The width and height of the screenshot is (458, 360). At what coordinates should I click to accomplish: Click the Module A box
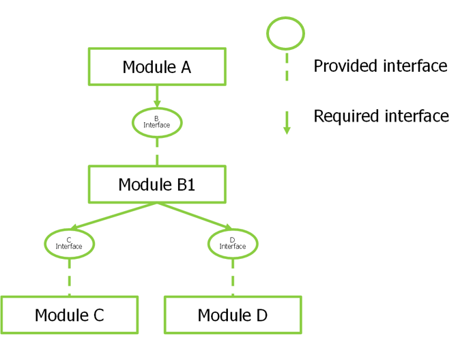(157, 66)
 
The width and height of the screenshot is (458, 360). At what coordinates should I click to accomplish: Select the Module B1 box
(157, 184)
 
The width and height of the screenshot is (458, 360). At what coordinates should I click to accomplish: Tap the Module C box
(69, 315)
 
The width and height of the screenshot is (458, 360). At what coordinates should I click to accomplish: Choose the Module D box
(233, 315)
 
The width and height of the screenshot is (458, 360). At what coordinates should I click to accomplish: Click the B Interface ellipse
(157, 122)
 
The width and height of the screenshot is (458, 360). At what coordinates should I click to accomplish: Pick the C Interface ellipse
(69, 243)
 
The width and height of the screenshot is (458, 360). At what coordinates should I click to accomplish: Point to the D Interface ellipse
(233, 243)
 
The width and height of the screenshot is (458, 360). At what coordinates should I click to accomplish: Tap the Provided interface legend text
(380, 66)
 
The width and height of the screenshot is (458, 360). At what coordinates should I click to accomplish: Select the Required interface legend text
(381, 116)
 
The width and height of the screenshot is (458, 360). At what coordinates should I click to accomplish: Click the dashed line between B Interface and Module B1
(157, 152)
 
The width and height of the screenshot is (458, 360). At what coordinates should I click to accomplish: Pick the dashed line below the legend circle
(287, 68)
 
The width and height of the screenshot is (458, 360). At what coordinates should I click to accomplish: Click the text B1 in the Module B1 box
(181, 184)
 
